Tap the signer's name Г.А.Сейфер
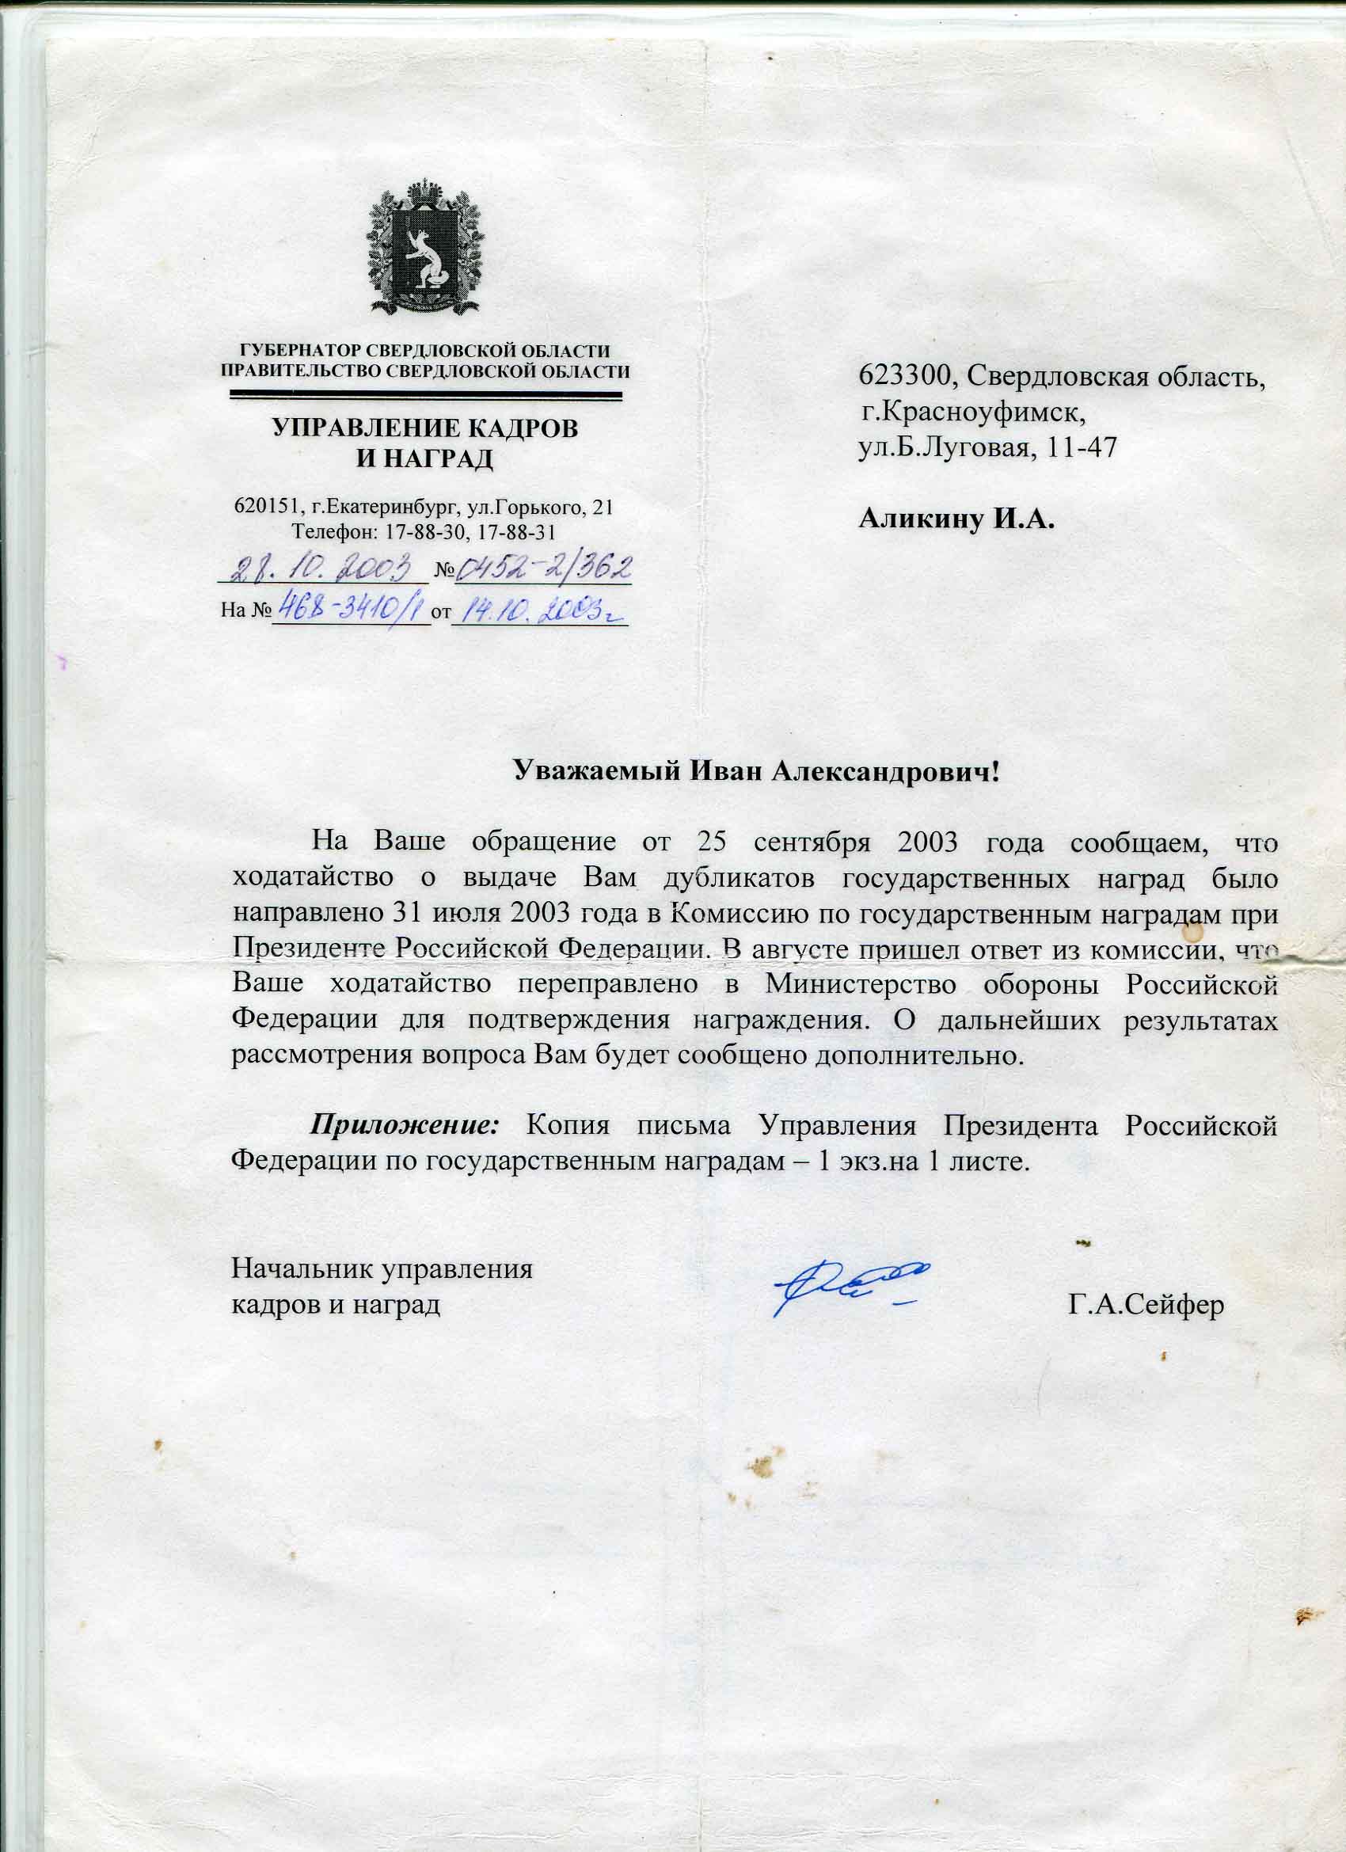point(1146,1306)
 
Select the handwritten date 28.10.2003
point(322,569)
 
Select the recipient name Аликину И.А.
point(956,519)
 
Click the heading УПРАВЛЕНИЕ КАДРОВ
point(424,428)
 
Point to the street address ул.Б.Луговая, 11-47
point(987,448)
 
